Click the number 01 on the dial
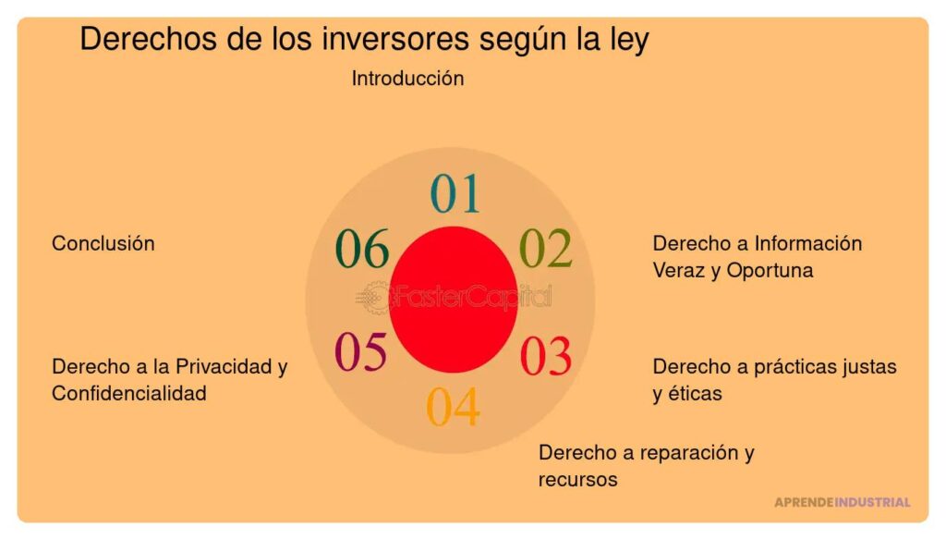point(455,194)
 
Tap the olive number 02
point(545,248)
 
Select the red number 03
point(545,357)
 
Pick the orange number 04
point(453,407)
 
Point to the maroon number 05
point(360,352)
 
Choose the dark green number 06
point(361,249)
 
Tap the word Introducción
point(407,79)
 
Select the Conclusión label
point(103,243)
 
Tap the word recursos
point(577,480)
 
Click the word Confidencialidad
point(128,393)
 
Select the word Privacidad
point(219,366)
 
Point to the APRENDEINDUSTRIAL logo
point(842,502)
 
